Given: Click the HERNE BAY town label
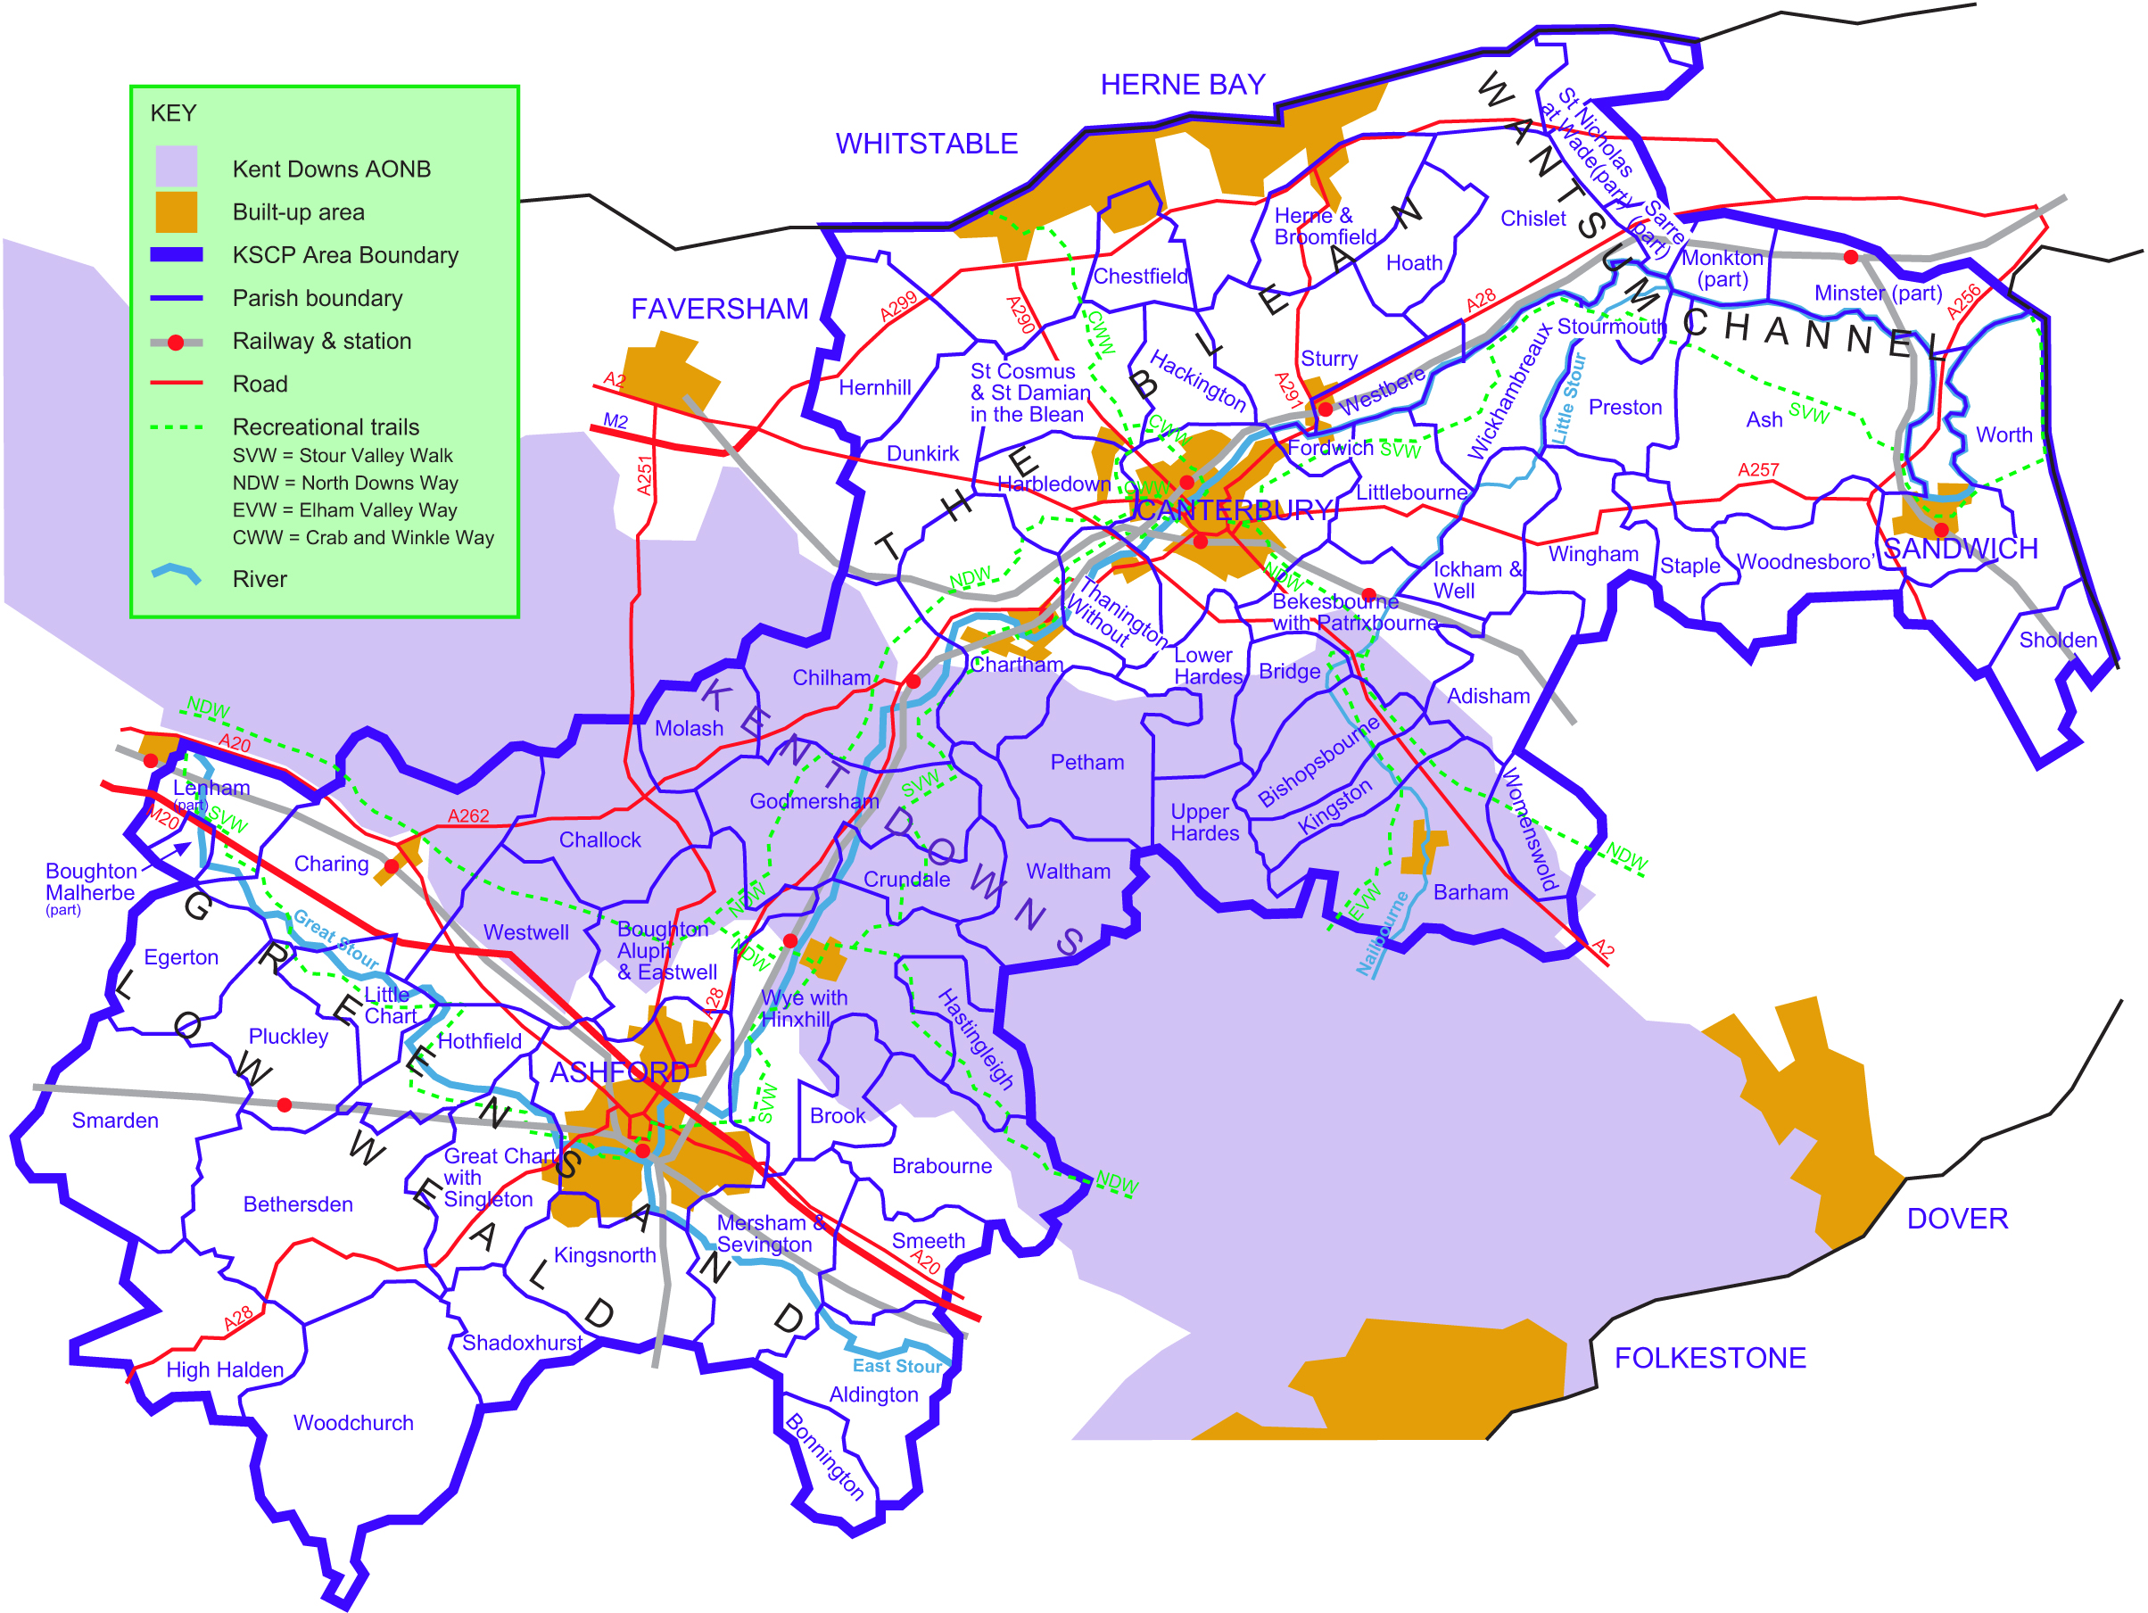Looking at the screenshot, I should click(1182, 85).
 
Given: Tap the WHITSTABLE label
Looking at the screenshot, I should click(927, 144).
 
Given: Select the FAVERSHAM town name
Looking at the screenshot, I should click(719, 309).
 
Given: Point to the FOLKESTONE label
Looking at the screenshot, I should click(1709, 1358).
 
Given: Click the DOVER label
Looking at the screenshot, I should click(1957, 1219).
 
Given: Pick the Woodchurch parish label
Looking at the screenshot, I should click(352, 1423).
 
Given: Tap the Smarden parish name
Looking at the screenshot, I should click(114, 1121).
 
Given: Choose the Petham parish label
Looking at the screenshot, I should click(1086, 762).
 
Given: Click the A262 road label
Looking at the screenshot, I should click(468, 815).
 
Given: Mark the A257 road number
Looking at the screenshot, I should click(1757, 470).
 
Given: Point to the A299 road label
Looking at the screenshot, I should click(898, 306).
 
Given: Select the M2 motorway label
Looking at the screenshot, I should click(615, 421).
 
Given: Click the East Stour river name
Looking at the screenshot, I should click(896, 1365).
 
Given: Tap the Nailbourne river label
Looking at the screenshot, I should click(1381, 933).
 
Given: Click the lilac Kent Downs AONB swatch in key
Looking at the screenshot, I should click(176, 167).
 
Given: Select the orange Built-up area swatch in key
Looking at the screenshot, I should click(176, 211).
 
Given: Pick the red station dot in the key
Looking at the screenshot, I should click(176, 342).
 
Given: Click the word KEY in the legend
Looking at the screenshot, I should click(173, 113).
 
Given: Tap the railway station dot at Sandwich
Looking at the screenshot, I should click(1941, 529).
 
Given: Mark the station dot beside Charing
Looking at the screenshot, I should click(392, 866).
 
